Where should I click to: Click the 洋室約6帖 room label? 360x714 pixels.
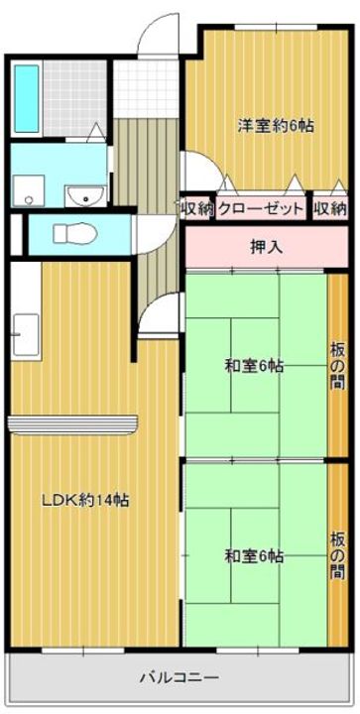(x=275, y=126)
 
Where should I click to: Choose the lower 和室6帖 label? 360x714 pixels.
(x=253, y=556)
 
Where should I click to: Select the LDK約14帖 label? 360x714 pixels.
(x=83, y=501)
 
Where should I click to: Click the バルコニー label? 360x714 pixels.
(x=179, y=679)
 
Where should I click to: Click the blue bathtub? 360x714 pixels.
(x=27, y=101)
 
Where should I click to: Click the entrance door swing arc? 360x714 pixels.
(x=154, y=35)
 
